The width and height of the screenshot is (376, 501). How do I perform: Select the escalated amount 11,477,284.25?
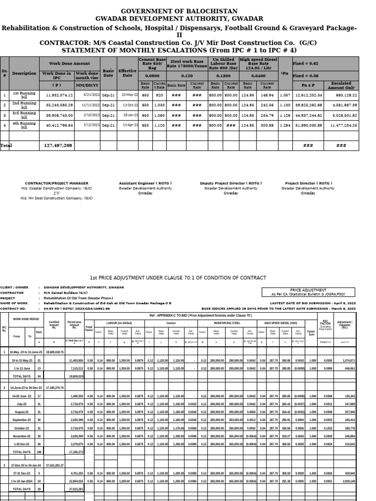coord(343,125)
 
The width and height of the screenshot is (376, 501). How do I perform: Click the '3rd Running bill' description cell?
coord(24,115)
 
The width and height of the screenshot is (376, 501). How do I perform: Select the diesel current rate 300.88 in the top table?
coord(267,125)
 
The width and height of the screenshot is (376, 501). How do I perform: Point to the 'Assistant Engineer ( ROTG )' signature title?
coord(145,183)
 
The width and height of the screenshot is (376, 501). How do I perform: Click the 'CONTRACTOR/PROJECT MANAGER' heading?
coord(57,183)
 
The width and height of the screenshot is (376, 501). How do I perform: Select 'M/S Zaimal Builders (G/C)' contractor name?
coord(67,293)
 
